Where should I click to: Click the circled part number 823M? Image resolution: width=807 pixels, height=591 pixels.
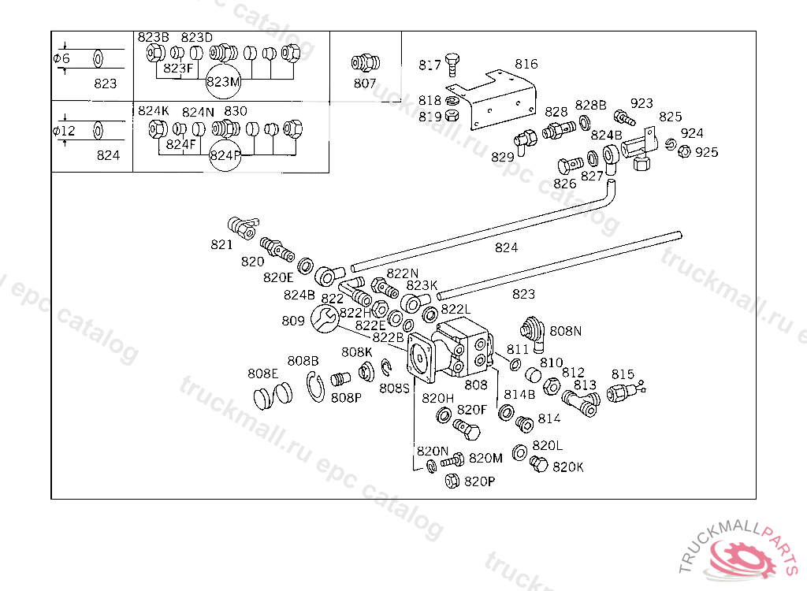pyautogui.click(x=222, y=81)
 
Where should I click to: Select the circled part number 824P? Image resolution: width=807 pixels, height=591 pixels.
pyautogui.click(x=225, y=155)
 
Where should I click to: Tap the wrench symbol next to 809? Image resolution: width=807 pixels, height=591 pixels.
pyautogui.click(x=324, y=319)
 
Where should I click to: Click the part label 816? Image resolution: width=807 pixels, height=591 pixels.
pyautogui.click(x=526, y=64)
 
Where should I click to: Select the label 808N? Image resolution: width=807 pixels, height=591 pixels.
pyautogui.click(x=565, y=331)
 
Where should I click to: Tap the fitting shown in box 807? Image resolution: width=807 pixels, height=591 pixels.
pyautogui.click(x=364, y=63)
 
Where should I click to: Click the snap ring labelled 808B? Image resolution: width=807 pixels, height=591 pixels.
pyautogui.click(x=316, y=387)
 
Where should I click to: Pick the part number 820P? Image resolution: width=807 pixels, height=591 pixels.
pyautogui.click(x=479, y=481)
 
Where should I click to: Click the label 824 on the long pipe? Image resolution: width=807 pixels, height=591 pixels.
pyautogui.click(x=506, y=247)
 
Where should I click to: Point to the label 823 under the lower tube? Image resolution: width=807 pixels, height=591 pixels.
pyautogui.click(x=523, y=294)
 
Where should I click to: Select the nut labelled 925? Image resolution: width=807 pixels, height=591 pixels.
pyautogui.click(x=685, y=151)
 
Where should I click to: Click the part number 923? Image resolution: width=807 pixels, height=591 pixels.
pyautogui.click(x=642, y=103)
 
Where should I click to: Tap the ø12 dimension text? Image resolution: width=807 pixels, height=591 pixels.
pyautogui.click(x=64, y=130)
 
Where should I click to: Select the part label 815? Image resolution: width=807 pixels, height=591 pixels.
pyautogui.click(x=623, y=374)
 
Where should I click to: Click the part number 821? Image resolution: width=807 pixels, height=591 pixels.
pyautogui.click(x=221, y=244)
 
